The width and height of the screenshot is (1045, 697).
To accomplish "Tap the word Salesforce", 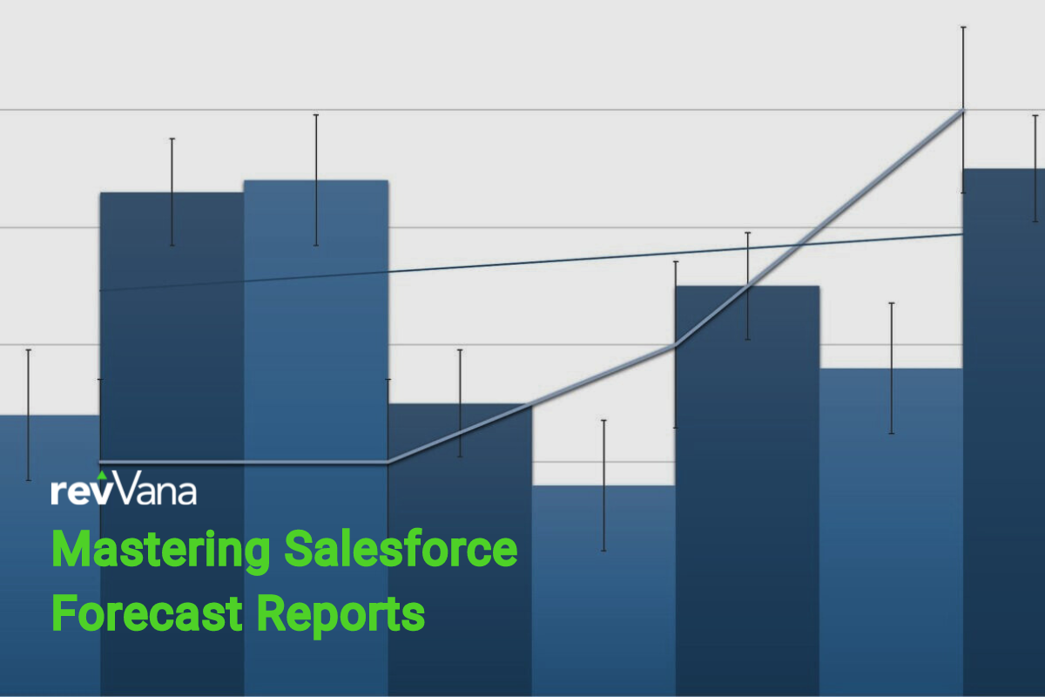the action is point(401,548).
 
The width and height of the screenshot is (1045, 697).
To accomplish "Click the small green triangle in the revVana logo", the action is point(102,475).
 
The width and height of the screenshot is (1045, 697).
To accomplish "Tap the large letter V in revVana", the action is point(127,487).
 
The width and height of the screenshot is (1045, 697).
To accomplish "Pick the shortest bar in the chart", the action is point(603,591).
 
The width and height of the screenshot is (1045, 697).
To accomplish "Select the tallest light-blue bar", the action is point(316,438).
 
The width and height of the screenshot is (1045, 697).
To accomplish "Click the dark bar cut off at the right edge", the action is point(1004,433).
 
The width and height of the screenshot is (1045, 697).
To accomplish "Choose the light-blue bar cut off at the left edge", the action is point(50,556).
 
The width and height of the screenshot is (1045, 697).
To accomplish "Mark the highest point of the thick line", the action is point(963,111).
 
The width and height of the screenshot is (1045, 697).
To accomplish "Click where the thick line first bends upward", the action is point(388,462).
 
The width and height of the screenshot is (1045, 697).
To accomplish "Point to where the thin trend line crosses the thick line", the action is point(800,245).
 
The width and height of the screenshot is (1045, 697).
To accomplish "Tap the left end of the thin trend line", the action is point(101,290).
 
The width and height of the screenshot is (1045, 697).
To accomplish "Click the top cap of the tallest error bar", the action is point(963,28).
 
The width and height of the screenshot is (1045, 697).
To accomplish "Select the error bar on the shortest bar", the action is point(603,485).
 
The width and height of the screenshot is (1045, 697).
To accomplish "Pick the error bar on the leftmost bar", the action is point(29,415).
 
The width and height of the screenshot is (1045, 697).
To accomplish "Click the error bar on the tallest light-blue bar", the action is point(316,179).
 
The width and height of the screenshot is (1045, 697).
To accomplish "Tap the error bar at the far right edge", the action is point(1035,168).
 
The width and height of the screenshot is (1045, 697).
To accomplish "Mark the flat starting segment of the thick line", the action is point(244,462).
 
